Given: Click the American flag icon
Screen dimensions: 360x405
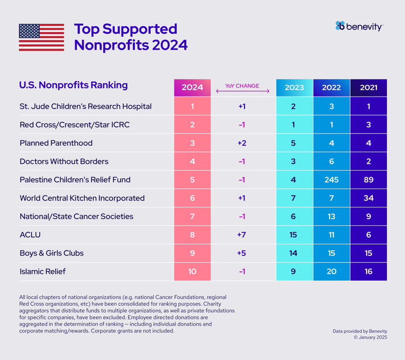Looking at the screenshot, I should pos(41,37).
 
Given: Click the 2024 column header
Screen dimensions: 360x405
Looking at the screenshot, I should pos(192,88).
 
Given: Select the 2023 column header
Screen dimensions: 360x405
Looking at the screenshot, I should pos(294,88).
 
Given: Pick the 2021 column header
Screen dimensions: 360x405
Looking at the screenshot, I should pos(369,88).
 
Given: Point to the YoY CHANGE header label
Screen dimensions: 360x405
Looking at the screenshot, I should pos(242,86).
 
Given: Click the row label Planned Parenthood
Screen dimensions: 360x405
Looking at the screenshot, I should pos(56,143).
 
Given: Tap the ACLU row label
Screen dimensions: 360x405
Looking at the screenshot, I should pos(30,235).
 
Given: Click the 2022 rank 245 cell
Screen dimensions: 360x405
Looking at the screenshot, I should pos(332,180).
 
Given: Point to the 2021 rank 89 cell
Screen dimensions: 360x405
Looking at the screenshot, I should pos(369,180).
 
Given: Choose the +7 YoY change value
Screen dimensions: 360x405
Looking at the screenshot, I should pos(242,235).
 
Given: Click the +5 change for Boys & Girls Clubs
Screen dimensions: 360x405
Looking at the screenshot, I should pos(242,253).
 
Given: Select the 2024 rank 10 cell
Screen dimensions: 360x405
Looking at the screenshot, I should pos(192,272).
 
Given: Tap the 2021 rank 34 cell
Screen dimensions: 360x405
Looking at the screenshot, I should pos(369,198).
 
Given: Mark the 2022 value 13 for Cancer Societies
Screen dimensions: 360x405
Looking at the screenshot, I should pos(332,217).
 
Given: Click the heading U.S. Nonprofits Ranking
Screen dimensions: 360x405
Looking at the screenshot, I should pos(73,85).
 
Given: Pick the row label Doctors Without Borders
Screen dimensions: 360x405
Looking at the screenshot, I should pos(64,161).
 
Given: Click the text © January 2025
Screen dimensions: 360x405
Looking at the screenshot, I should pos(370,338).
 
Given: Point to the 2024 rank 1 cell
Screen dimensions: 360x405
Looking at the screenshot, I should pos(192,106).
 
